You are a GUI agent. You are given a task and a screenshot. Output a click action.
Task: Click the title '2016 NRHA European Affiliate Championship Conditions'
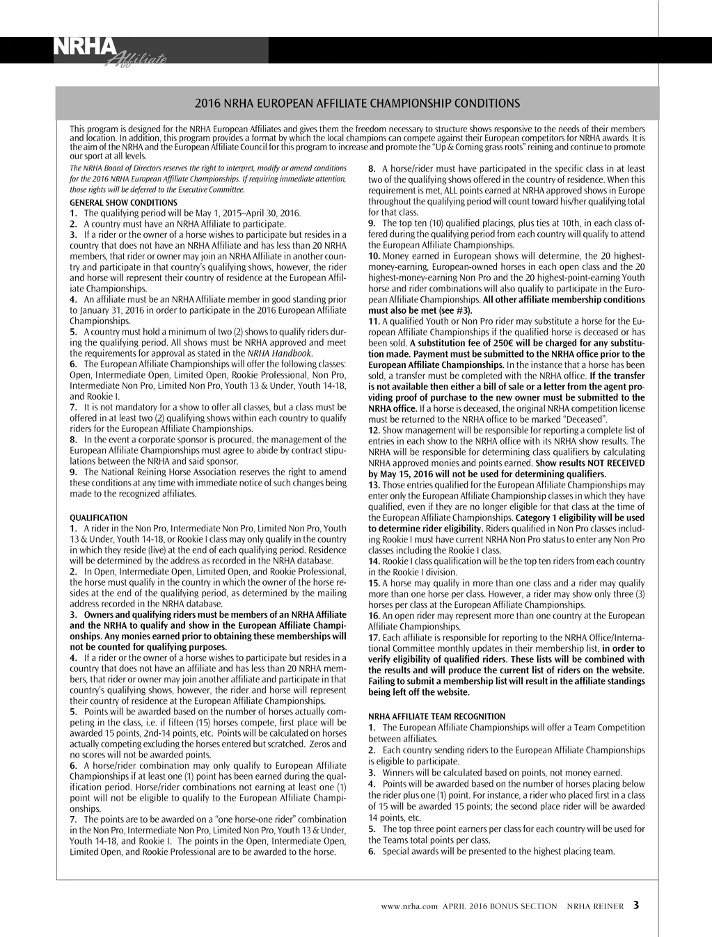click(x=357, y=104)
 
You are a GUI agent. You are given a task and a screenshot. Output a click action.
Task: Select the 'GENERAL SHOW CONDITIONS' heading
click(x=123, y=202)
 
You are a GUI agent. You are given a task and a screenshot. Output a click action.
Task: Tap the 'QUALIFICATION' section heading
click(x=99, y=518)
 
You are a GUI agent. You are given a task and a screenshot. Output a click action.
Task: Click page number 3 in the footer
click(x=636, y=906)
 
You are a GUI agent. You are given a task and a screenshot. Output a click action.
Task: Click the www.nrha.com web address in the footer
click(x=409, y=906)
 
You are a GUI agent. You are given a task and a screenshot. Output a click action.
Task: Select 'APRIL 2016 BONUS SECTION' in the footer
click(x=500, y=906)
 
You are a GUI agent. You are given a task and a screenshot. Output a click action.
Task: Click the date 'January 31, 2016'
click(x=115, y=310)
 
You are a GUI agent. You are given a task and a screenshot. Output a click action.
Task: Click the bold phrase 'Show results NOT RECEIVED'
click(x=590, y=463)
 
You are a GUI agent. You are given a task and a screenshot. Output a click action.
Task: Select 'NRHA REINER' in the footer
click(x=595, y=906)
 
